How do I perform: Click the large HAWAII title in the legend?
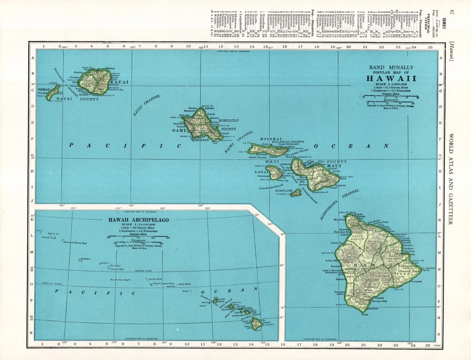pyautogui.click(x=391, y=78)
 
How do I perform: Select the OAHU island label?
pyautogui.click(x=178, y=131)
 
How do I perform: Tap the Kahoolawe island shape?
pyautogui.click(x=296, y=193)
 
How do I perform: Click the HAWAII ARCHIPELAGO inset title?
pyautogui.click(x=139, y=220)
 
